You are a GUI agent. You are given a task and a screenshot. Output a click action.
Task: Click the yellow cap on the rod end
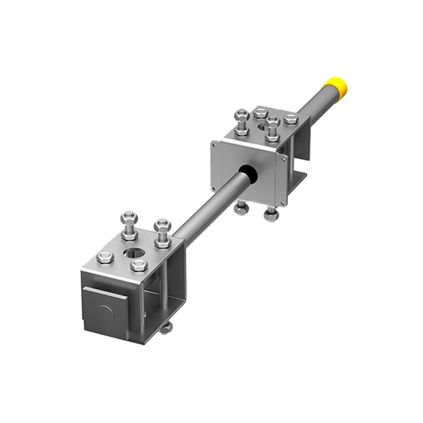(x=335, y=88)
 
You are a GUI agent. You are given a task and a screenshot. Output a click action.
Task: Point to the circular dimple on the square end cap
(x=105, y=313)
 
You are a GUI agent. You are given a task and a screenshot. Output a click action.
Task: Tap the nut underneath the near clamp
(x=166, y=328)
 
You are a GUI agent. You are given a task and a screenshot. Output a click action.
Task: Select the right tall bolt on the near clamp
(x=163, y=232)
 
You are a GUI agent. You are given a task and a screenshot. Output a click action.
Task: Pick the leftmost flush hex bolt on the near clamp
(x=105, y=257)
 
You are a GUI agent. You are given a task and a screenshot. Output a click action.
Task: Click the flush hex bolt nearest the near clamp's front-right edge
(x=140, y=265)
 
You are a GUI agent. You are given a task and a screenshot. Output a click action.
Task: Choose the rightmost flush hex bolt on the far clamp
(x=291, y=119)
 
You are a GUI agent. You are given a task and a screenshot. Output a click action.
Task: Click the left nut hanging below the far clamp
(x=242, y=208)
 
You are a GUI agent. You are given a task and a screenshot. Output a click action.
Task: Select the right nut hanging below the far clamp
(x=271, y=214)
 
